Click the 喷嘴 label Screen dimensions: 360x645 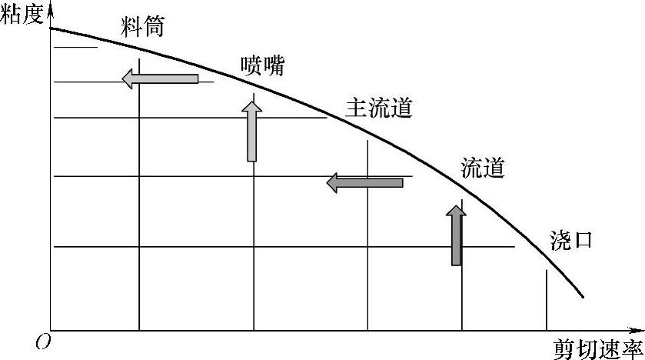[261, 66]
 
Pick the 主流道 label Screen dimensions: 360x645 [379, 107]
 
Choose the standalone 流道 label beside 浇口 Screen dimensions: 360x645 [482, 168]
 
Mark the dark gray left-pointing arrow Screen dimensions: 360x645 [364, 182]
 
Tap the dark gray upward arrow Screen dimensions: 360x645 [457, 234]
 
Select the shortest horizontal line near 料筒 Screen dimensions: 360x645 [74, 48]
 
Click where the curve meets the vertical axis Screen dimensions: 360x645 [51, 28]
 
